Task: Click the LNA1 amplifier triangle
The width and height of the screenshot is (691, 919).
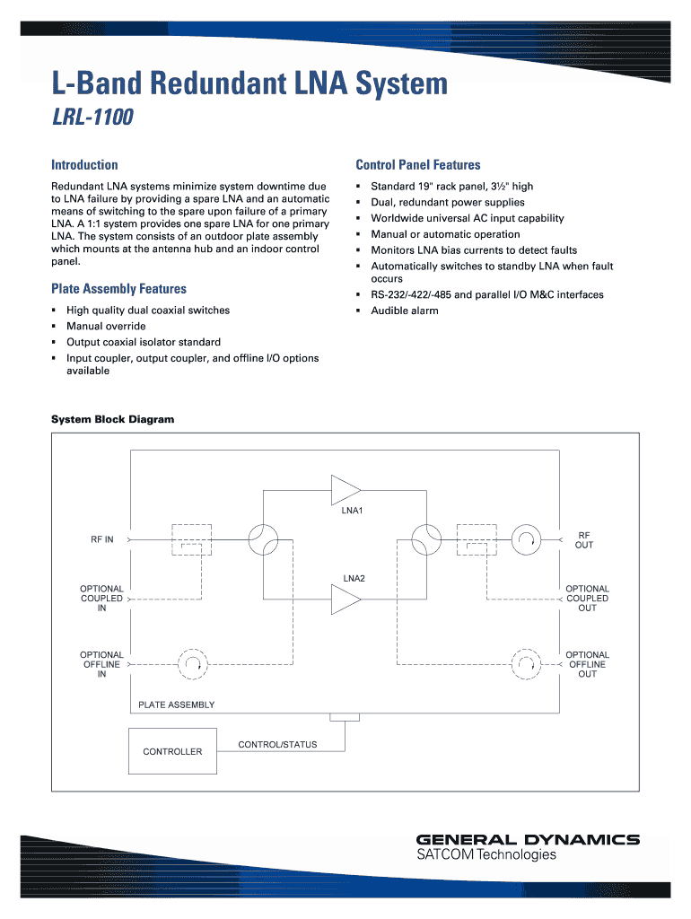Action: coord(344,491)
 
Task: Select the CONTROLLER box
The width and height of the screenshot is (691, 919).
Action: coord(172,751)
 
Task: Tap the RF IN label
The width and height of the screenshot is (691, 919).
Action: coord(102,540)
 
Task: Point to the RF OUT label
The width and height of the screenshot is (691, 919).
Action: coord(584,539)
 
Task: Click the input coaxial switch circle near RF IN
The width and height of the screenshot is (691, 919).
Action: coord(263,540)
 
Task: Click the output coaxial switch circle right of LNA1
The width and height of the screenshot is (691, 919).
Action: coord(425,540)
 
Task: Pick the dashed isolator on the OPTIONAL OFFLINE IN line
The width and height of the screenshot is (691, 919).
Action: coord(193,665)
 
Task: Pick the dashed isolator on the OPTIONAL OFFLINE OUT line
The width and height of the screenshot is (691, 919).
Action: coord(524,665)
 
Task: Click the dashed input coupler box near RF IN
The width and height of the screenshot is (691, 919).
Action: coord(191,540)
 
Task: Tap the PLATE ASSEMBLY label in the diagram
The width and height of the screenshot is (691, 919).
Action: coord(176,705)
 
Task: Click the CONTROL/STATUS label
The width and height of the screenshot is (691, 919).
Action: coord(277,745)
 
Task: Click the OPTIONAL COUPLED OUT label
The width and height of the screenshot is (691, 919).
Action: coord(587,599)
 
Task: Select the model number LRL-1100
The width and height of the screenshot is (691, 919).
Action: coord(92,118)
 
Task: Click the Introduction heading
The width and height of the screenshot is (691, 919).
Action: coord(84,165)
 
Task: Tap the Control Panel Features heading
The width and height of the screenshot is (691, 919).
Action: coord(418,165)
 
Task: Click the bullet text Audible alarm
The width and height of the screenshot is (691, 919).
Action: coord(405,311)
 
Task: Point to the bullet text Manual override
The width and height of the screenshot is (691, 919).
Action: coord(106,327)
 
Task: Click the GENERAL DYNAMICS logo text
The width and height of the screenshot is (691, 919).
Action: coord(528,840)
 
